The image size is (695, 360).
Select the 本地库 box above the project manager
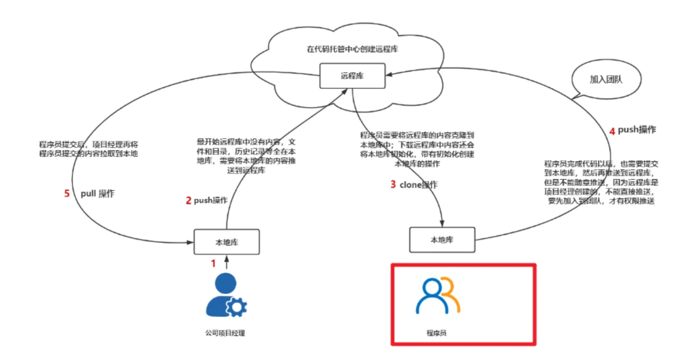tap(226, 242)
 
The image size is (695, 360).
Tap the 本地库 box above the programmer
tap(442, 239)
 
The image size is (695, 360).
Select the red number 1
tap(213, 263)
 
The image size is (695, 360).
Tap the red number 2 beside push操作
tap(189, 200)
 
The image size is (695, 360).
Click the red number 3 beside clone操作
tap(393, 184)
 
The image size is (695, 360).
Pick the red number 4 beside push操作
tap(612, 131)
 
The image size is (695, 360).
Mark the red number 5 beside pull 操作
tap(67, 194)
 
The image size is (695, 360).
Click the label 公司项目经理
tap(226, 333)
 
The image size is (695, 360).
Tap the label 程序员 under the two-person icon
tap(436, 332)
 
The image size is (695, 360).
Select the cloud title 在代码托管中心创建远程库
tap(352, 49)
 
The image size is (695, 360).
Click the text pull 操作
tap(98, 194)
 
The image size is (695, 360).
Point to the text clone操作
tap(418, 185)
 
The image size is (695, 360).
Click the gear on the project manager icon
tap(237, 307)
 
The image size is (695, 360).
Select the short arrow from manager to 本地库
tap(226, 262)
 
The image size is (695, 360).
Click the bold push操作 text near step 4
tap(637, 130)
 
